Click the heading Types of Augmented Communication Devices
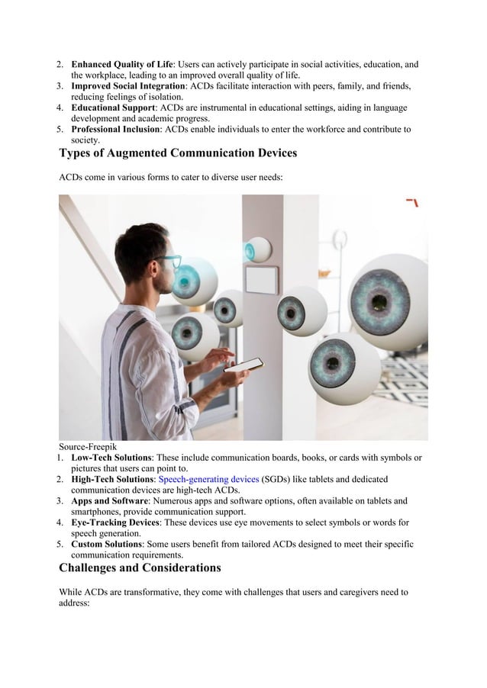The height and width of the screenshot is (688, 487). click(178, 153)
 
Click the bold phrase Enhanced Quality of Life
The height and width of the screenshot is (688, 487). click(122, 65)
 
